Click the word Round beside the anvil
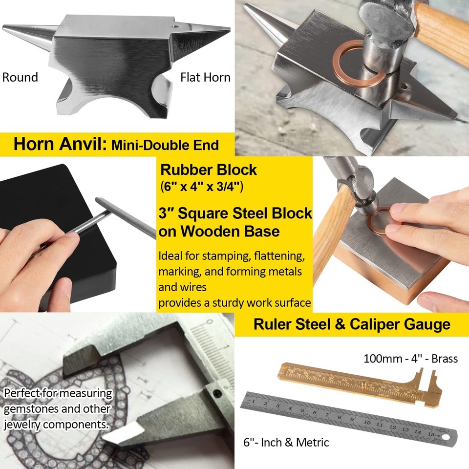point(20,77)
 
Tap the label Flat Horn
point(205,77)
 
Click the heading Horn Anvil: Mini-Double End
point(116,145)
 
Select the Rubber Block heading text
point(209,170)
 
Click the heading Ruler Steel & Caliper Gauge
point(352,324)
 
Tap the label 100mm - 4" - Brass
point(410,359)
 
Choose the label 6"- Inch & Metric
point(286,443)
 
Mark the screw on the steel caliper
point(218,394)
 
